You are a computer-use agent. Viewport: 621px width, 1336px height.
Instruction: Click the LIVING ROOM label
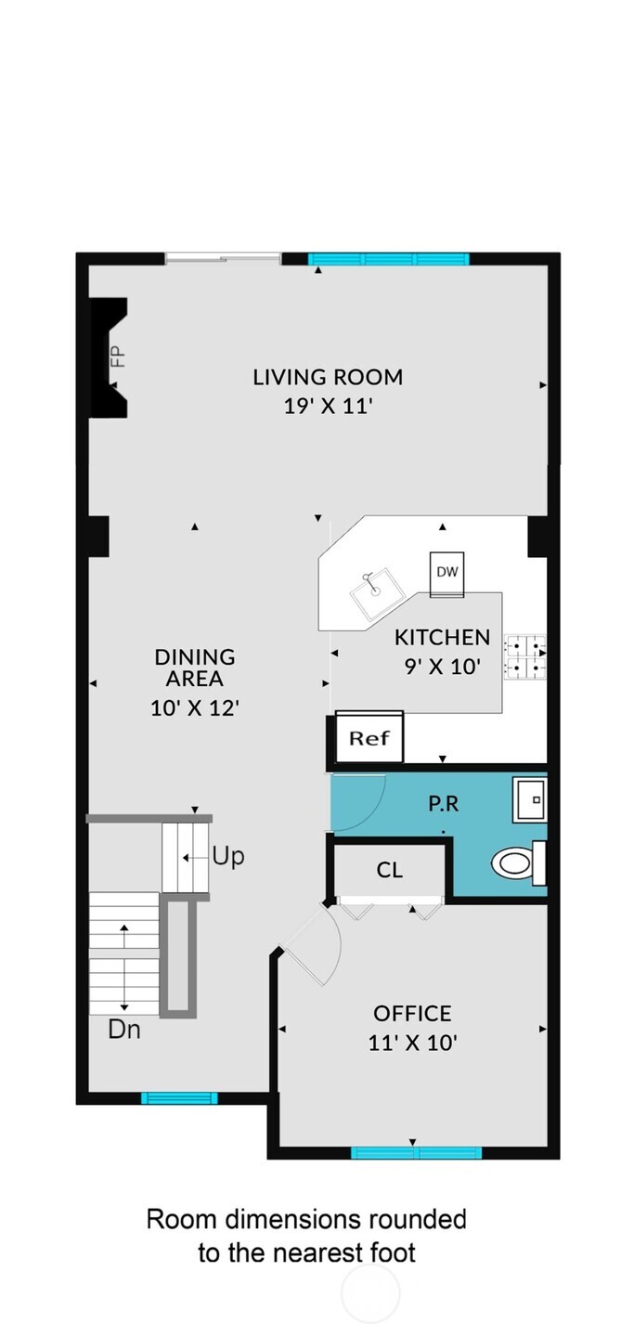click(x=328, y=377)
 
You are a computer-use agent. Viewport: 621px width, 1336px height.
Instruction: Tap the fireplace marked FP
click(x=109, y=357)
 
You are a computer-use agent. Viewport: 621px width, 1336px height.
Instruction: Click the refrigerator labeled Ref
click(x=369, y=739)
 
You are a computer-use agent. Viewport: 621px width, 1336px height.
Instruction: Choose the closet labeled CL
click(x=390, y=870)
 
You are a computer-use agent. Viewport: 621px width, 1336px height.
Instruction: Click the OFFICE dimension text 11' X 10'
click(x=413, y=1043)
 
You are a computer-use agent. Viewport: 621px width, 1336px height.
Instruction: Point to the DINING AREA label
click(x=195, y=668)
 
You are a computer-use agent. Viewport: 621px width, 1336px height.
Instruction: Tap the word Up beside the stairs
click(x=228, y=855)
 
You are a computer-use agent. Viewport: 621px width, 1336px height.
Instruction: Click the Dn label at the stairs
click(x=124, y=1029)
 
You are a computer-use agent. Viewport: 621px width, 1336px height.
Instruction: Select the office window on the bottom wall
click(x=416, y=1153)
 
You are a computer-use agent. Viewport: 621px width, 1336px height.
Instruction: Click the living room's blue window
click(x=388, y=259)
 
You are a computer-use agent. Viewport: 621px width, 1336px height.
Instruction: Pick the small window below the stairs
click(x=179, y=1098)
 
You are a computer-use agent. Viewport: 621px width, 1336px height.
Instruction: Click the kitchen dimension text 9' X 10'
click(x=442, y=666)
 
